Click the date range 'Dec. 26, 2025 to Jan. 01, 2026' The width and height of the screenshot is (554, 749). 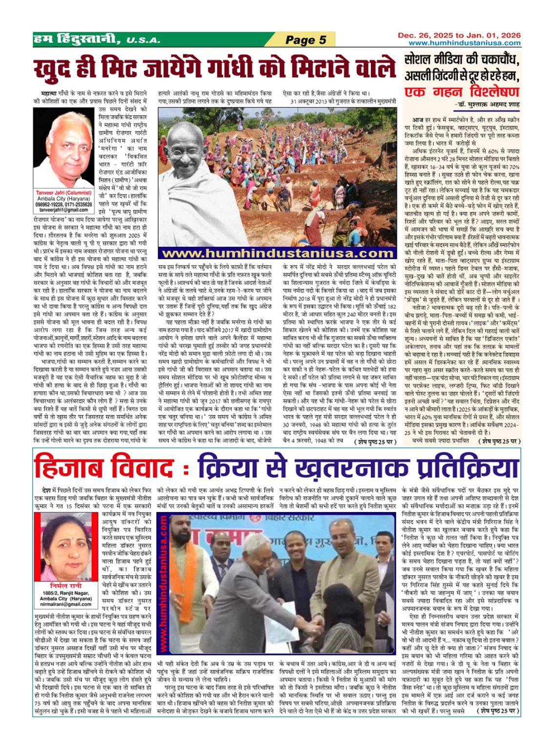click(x=459, y=35)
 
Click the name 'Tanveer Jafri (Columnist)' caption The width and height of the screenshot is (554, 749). click(x=63, y=193)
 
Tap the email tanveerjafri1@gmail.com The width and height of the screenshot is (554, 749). click(x=63, y=210)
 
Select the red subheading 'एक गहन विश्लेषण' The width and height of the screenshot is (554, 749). click(x=461, y=91)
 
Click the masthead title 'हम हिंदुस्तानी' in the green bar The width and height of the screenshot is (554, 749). click(x=76, y=40)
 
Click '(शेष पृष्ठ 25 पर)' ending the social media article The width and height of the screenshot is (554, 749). click(x=498, y=441)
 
